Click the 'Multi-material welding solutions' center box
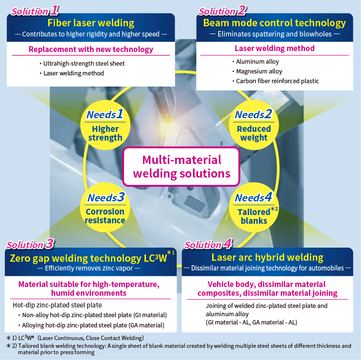[181, 166]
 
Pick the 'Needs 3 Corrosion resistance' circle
[105, 209]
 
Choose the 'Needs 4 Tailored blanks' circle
[253, 209]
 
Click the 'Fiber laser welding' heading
[91, 23]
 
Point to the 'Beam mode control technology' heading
[274, 23]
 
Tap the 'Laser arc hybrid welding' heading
[267, 257]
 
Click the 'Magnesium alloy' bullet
[258, 72]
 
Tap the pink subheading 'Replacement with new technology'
[91, 49]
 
